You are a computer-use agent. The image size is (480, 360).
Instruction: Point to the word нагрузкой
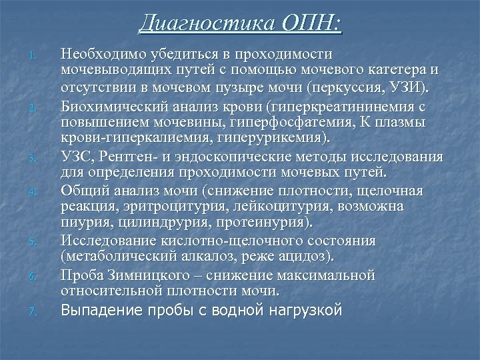point(306,310)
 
